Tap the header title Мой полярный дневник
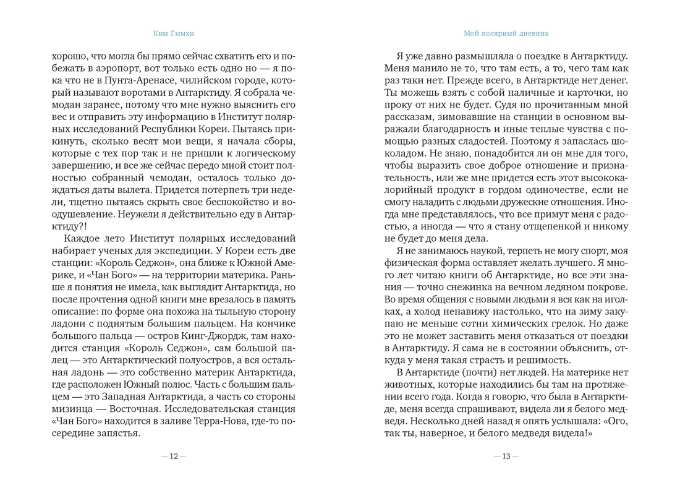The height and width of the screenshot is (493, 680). point(506,33)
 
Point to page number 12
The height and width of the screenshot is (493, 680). point(173,457)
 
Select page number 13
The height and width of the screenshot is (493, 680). point(506,457)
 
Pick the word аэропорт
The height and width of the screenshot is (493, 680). point(109,67)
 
